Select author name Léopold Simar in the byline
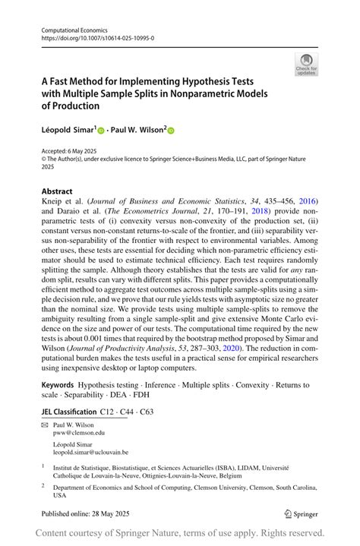[68, 130]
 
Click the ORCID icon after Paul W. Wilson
[171, 131]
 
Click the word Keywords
[58, 387]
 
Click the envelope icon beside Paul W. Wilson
[44, 425]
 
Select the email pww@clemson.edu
[79, 433]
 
